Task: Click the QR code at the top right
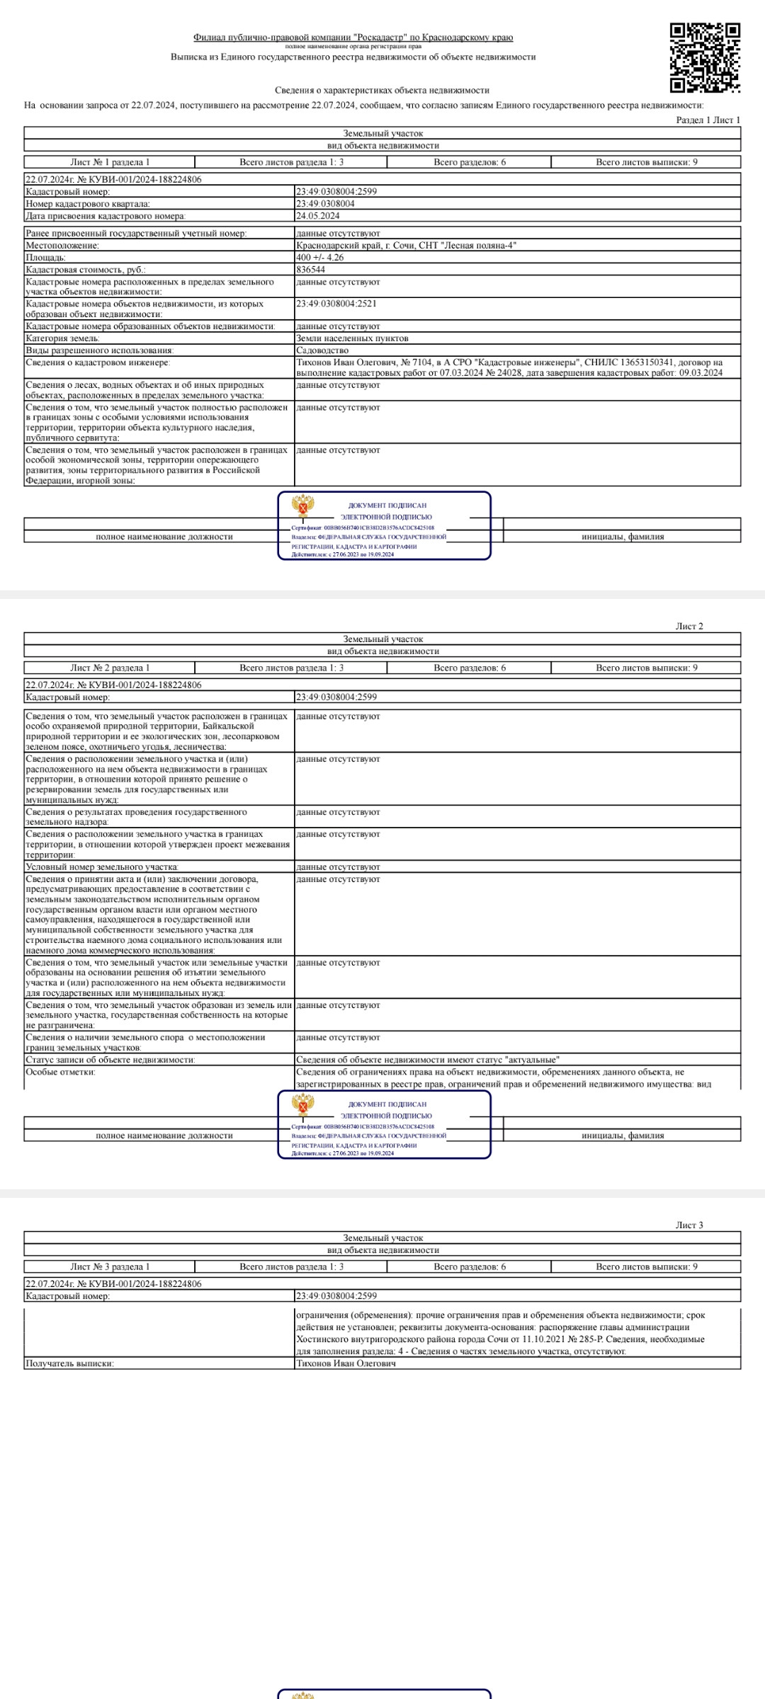(705, 58)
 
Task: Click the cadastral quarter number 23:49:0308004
(325, 204)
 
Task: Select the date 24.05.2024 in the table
(317, 216)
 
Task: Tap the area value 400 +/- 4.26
(319, 258)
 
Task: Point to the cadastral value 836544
(310, 270)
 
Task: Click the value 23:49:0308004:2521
(336, 304)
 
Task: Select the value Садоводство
(322, 350)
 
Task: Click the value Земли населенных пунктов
(343, 338)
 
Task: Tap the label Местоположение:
(62, 246)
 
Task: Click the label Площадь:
(45, 258)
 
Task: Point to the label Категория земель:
(62, 338)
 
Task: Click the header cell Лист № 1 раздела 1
(110, 162)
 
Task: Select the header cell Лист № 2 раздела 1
(110, 668)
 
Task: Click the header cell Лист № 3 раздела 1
(110, 1266)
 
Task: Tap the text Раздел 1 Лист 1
(708, 120)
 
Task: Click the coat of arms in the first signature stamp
(303, 506)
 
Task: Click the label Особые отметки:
(60, 1072)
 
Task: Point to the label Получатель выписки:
(69, 1363)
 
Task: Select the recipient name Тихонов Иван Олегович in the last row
(346, 1363)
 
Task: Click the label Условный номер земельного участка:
(102, 867)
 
